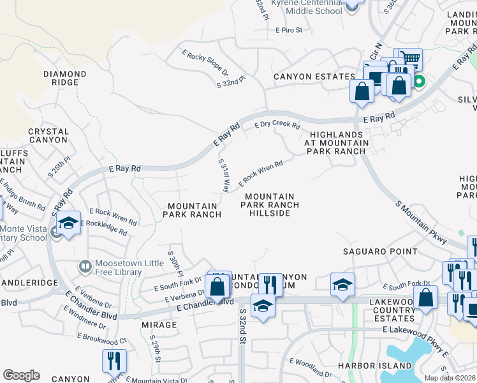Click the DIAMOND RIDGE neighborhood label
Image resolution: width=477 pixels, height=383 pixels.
pos(64,79)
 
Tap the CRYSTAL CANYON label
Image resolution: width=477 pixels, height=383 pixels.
pos(48,135)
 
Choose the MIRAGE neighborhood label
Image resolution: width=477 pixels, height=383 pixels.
pos(159,325)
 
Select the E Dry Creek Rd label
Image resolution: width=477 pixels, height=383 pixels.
pos(277,126)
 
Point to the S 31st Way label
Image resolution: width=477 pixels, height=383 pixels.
pos(224,176)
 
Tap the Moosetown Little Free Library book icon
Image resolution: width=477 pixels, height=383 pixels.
pos(84,265)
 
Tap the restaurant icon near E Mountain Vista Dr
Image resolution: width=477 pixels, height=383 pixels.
pos(114,360)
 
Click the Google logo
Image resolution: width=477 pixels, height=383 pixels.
pos(21,375)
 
